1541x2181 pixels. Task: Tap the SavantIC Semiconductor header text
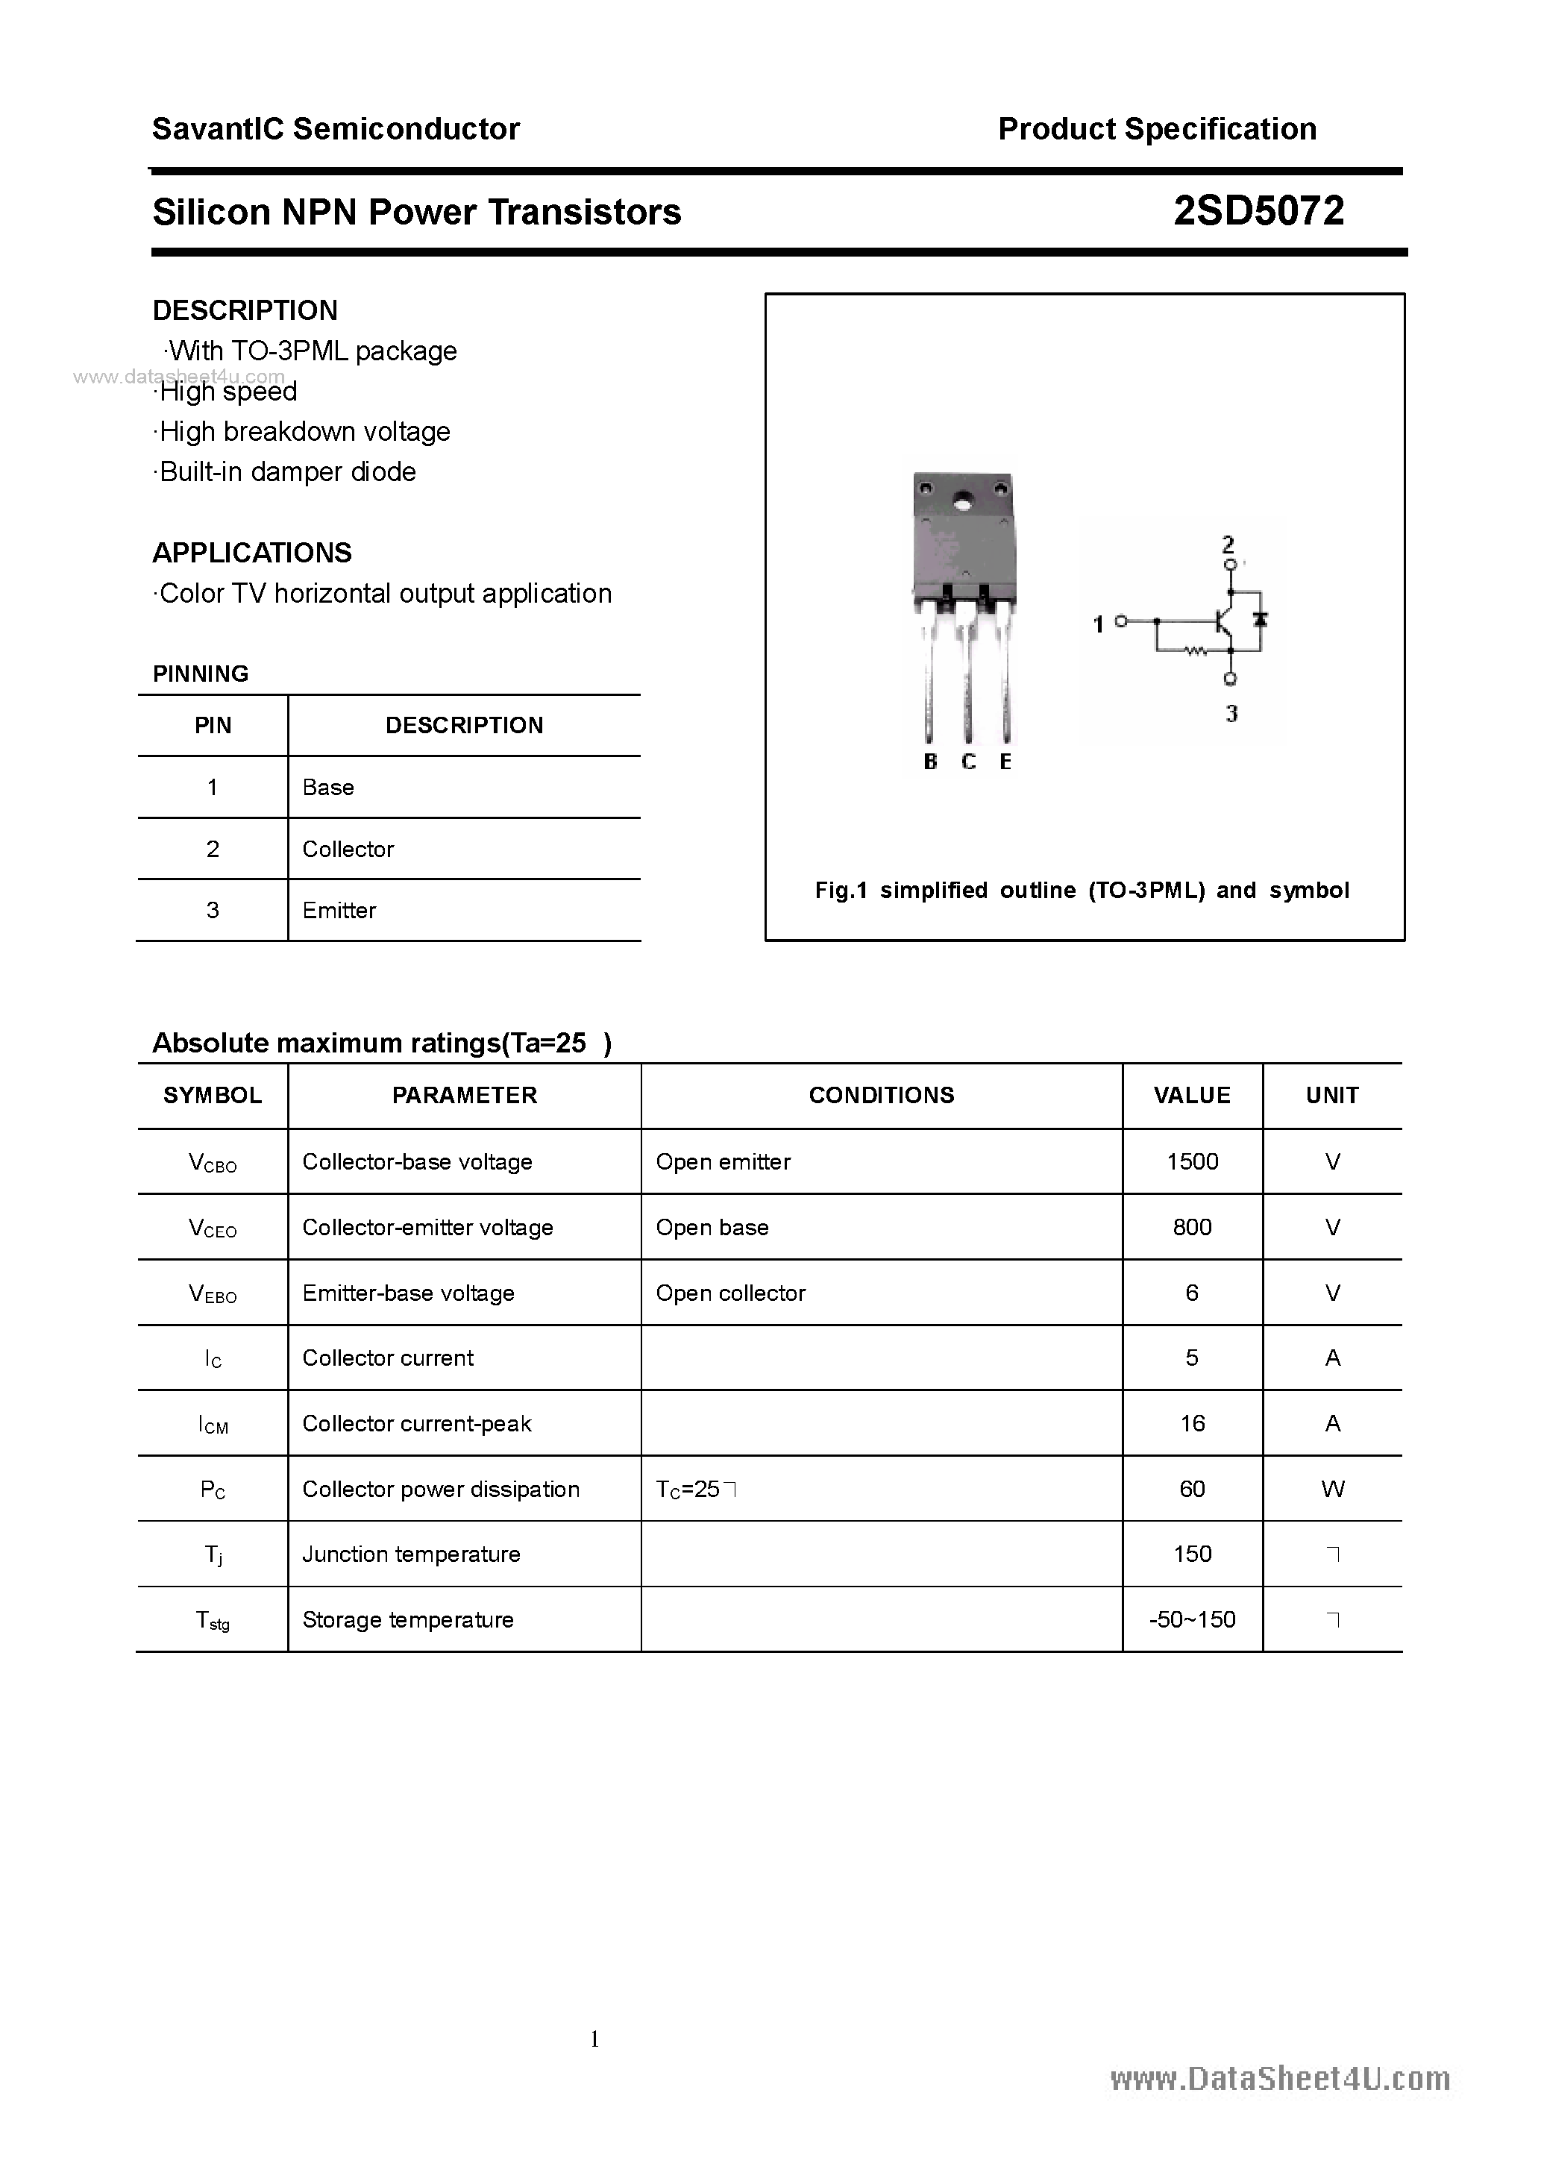[336, 129]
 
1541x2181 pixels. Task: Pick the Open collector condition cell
[729, 1293]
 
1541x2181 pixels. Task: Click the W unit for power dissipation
[1332, 1489]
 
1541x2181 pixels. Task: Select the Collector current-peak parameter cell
[416, 1423]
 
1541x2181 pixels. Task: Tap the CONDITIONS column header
[881, 1095]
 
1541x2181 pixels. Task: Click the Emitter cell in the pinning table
[339, 910]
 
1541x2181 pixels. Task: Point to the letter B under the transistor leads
[930, 762]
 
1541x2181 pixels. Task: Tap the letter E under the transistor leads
[1005, 762]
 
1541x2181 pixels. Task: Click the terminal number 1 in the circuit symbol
[1098, 624]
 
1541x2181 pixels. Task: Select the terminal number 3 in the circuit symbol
[1231, 713]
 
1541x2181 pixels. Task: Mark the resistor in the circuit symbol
[1194, 652]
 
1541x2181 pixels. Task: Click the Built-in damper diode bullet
[285, 472]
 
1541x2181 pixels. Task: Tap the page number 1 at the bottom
[594, 2039]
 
